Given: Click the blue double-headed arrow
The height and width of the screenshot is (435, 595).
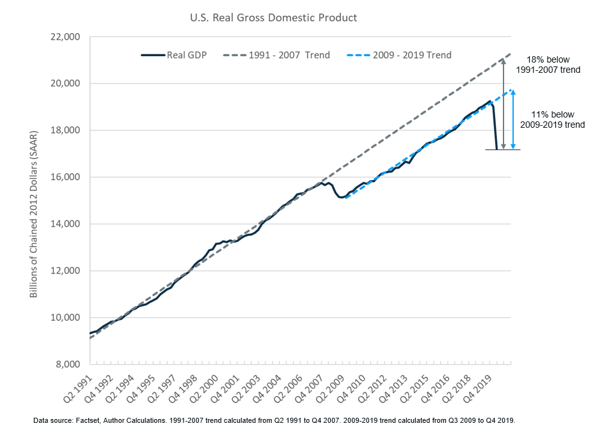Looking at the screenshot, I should pos(512,121).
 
